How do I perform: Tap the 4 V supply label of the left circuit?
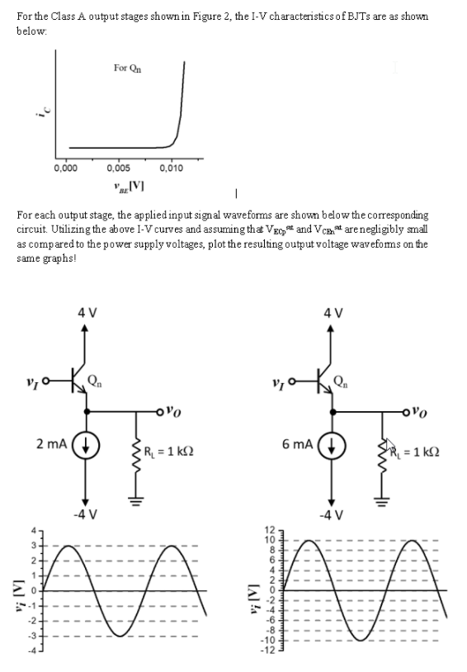[x=86, y=314]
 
